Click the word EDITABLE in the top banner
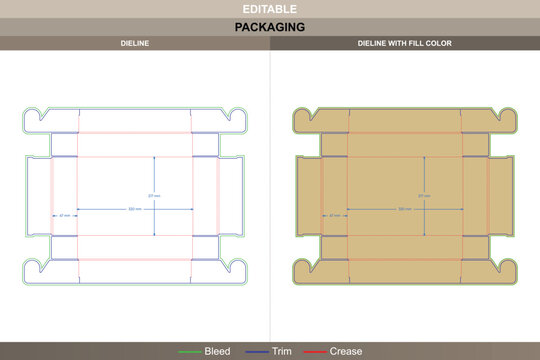tap(270, 9)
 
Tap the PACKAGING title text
tap(270, 27)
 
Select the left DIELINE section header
tap(135, 44)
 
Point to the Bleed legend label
tap(217, 351)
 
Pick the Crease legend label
tap(346, 351)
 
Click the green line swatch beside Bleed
tap(190, 351)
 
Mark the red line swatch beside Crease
tap(315, 351)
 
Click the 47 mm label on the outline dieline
tap(64, 215)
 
